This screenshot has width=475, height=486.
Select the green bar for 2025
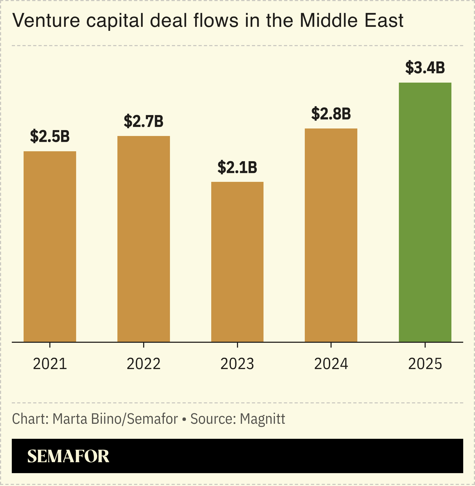point(425,212)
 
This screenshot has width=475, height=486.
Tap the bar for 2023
point(237,262)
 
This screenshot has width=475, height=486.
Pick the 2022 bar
point(144,239)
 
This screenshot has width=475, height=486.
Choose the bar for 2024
point(331,235)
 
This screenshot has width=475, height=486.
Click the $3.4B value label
point(425,68)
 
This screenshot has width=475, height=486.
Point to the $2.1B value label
point(237,167)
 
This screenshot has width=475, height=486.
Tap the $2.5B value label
point(50,136)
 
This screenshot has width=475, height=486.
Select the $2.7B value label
point(144,121)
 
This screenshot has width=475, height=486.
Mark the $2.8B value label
point(331,114)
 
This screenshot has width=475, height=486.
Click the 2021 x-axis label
point(50,364)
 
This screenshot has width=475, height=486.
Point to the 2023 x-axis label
point(237,364)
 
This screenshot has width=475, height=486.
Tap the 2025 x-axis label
point(425,364)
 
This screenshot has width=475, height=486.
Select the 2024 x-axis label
point(331,364)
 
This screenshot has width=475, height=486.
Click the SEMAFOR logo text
point(68,456)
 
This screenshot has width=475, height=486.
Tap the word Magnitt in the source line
point(262,419)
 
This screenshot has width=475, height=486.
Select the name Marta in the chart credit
point(70,419)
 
